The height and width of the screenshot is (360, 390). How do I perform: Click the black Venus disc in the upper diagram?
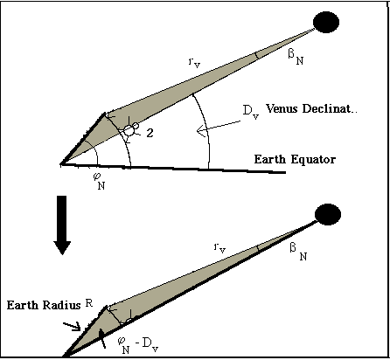326,22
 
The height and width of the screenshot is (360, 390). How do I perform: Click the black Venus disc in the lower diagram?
328,214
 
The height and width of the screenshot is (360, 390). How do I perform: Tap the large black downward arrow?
62,225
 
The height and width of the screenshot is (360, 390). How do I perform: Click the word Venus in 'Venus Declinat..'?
282,108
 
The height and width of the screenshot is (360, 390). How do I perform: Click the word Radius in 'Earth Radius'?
61,305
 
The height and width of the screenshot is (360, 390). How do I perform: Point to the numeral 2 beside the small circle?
150,133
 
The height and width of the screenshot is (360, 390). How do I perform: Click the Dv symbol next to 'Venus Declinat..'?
251,112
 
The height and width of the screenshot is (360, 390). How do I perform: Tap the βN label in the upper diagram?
296,57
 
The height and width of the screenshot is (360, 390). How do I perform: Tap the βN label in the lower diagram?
298,252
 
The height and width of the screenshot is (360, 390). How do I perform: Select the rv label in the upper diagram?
194,63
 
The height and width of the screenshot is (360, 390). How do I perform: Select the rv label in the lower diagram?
219,248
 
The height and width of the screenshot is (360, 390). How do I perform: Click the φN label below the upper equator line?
99,181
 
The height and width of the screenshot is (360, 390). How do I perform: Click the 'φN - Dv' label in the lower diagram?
138,345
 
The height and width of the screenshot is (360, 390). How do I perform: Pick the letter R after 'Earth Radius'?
89,303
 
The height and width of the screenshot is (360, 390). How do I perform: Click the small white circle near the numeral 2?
129,130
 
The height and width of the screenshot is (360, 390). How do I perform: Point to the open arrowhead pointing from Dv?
202,130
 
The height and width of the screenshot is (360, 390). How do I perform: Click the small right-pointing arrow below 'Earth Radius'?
72,326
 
